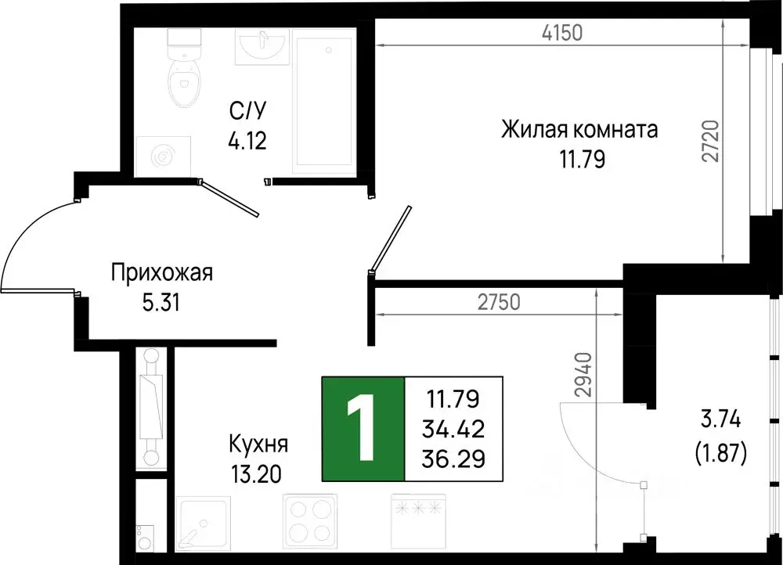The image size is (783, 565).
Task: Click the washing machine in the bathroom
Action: pyautogui.click(x=163, y=157)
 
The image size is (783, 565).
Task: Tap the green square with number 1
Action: pyautogui.click(x=363, y=429)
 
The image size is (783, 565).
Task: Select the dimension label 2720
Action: pyautogui.click(x=711, y=140)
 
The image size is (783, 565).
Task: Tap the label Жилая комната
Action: pyautogui.click(x=579, y=130)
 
